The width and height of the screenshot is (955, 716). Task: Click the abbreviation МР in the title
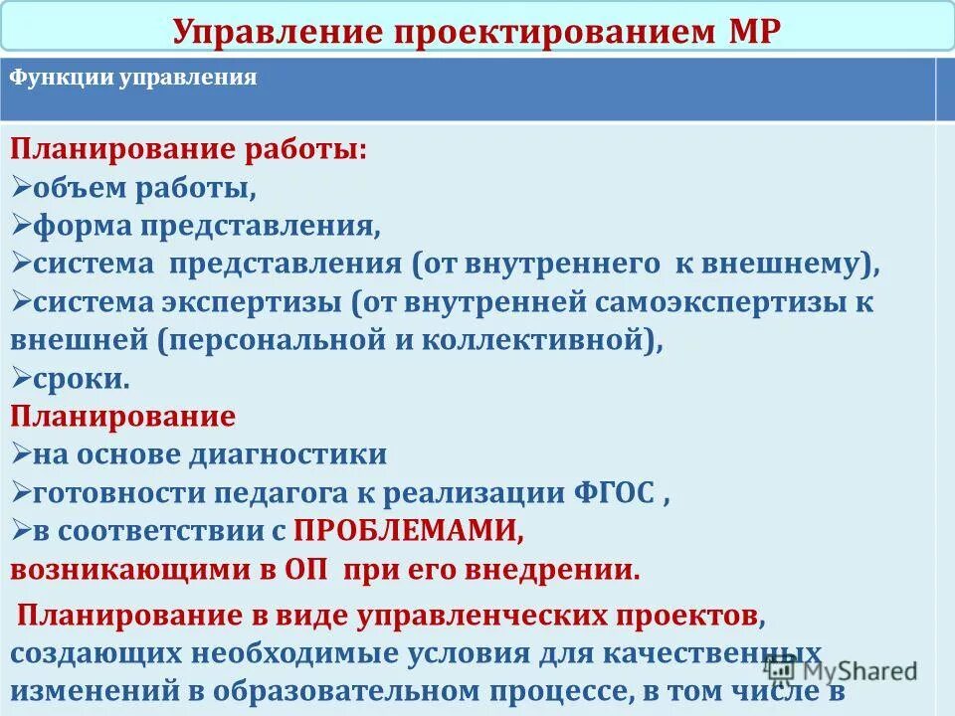(746, 30)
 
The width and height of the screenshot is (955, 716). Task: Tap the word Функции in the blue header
(61, 79)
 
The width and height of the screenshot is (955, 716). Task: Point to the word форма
(84, 226)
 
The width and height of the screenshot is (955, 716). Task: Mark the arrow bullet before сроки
(21, 377)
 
